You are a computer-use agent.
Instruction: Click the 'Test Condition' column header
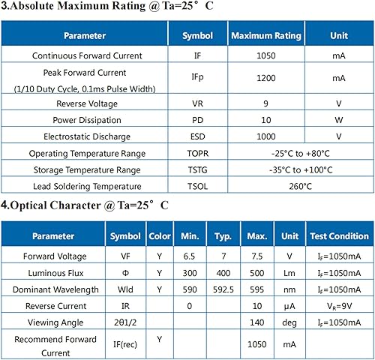[x=338, y=236]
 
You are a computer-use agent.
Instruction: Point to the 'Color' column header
[x=160, y=236]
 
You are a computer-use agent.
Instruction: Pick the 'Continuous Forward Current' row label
[x=85, y=55]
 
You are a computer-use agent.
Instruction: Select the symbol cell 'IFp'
[x=198, y=77]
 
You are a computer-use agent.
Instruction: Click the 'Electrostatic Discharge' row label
[x=85, y=136]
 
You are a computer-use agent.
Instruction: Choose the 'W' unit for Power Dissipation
[x=338, y=120]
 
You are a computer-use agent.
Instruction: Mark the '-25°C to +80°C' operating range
[x=300, y=153]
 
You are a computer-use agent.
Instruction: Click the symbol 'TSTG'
[x=198, y=169]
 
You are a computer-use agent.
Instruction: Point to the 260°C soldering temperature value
[x=300, y=186]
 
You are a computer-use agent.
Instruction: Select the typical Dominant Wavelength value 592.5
[x=222, y=289]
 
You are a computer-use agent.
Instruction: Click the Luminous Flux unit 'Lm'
[x=286, y=272]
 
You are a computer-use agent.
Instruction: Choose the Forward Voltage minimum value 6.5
[x=190, y=256]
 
